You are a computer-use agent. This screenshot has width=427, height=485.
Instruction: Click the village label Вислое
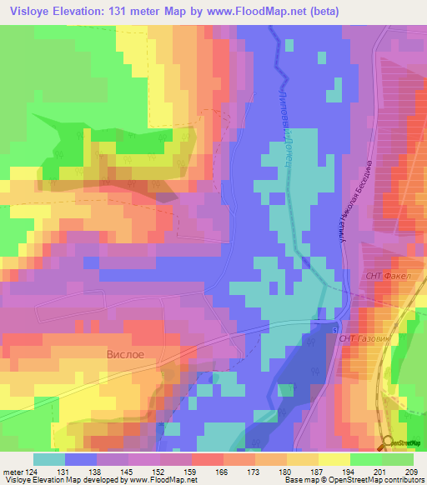(125, 354)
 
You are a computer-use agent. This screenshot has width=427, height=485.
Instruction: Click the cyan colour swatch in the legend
(49, 458)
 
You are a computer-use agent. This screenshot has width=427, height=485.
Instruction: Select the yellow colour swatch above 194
(334, 458)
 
